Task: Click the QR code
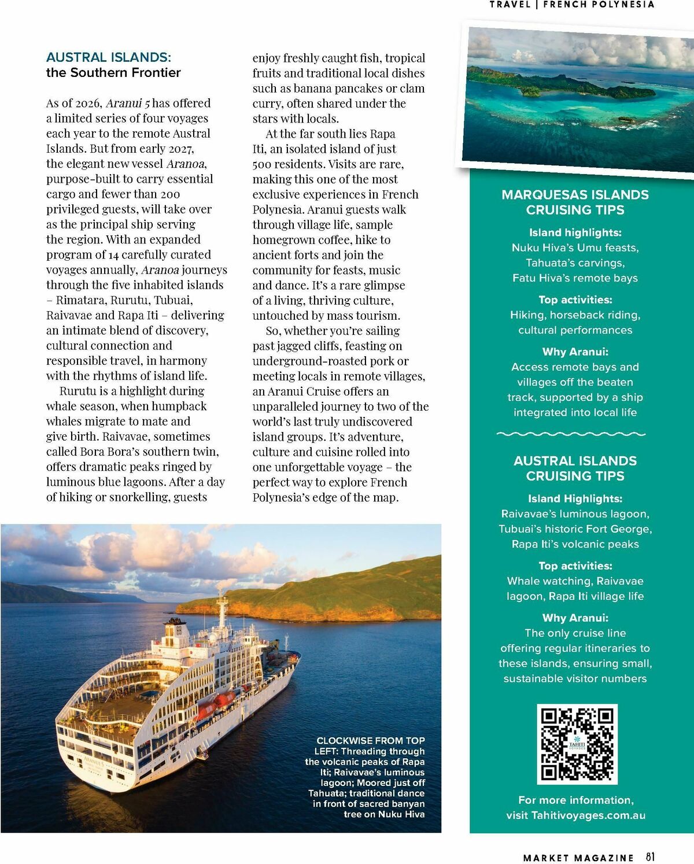click(577, 744)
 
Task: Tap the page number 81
click(651, 857)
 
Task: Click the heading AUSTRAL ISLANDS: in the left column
click(109, 57)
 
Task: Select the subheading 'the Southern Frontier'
click(113, 72)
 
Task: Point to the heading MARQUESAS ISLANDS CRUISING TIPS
click(575, 202)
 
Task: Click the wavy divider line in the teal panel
click(571, 434)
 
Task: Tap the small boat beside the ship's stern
click(202, 754)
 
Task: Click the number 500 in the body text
click(262, 164)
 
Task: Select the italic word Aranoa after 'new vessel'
click(185, 164)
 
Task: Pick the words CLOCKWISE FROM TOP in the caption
click(371, 740)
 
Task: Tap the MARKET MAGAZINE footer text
click(578, 858)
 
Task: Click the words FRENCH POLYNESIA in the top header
click(599, 5)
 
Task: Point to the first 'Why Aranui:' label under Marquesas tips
click(575, 352)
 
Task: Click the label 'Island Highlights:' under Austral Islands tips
click(575, 499)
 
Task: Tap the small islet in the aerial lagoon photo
click(623, 120)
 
